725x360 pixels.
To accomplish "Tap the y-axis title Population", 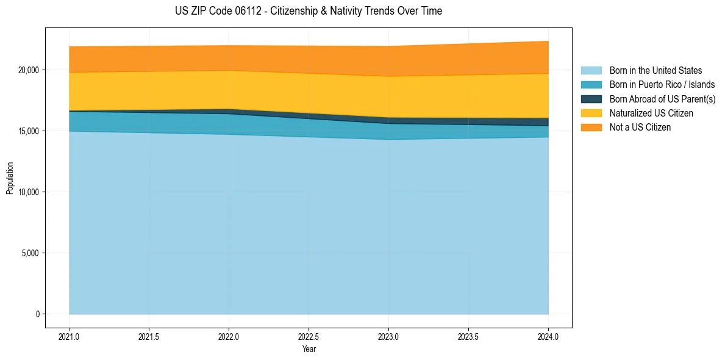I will (10, 178).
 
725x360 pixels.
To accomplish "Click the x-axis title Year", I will (309, 349).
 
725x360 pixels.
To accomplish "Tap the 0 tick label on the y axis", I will (37, 314).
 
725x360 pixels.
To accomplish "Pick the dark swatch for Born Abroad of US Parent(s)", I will (591, 99).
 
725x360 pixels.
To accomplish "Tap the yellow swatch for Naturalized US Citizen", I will (591, 113).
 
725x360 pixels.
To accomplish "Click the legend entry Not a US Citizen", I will (640, 128).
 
